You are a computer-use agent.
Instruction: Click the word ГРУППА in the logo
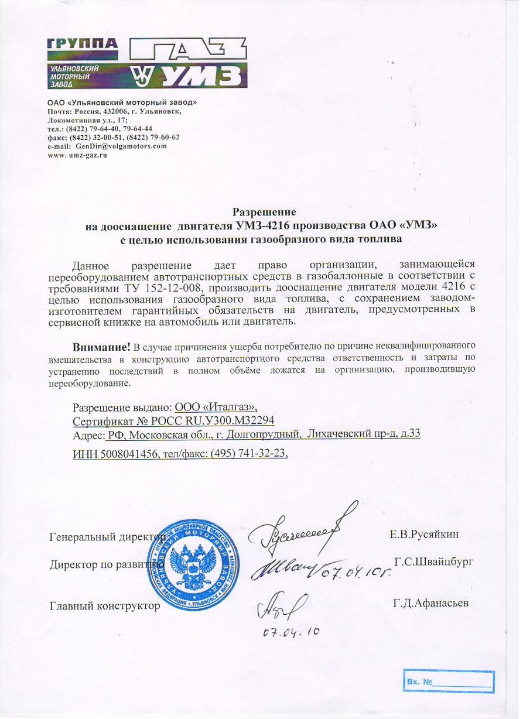[83, 46]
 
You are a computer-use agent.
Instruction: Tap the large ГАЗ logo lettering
[187, 52]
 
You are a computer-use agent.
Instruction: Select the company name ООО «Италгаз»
[216, 407]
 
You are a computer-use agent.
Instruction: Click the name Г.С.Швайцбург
[433, 561]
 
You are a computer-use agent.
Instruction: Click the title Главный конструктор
[105, 606]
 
